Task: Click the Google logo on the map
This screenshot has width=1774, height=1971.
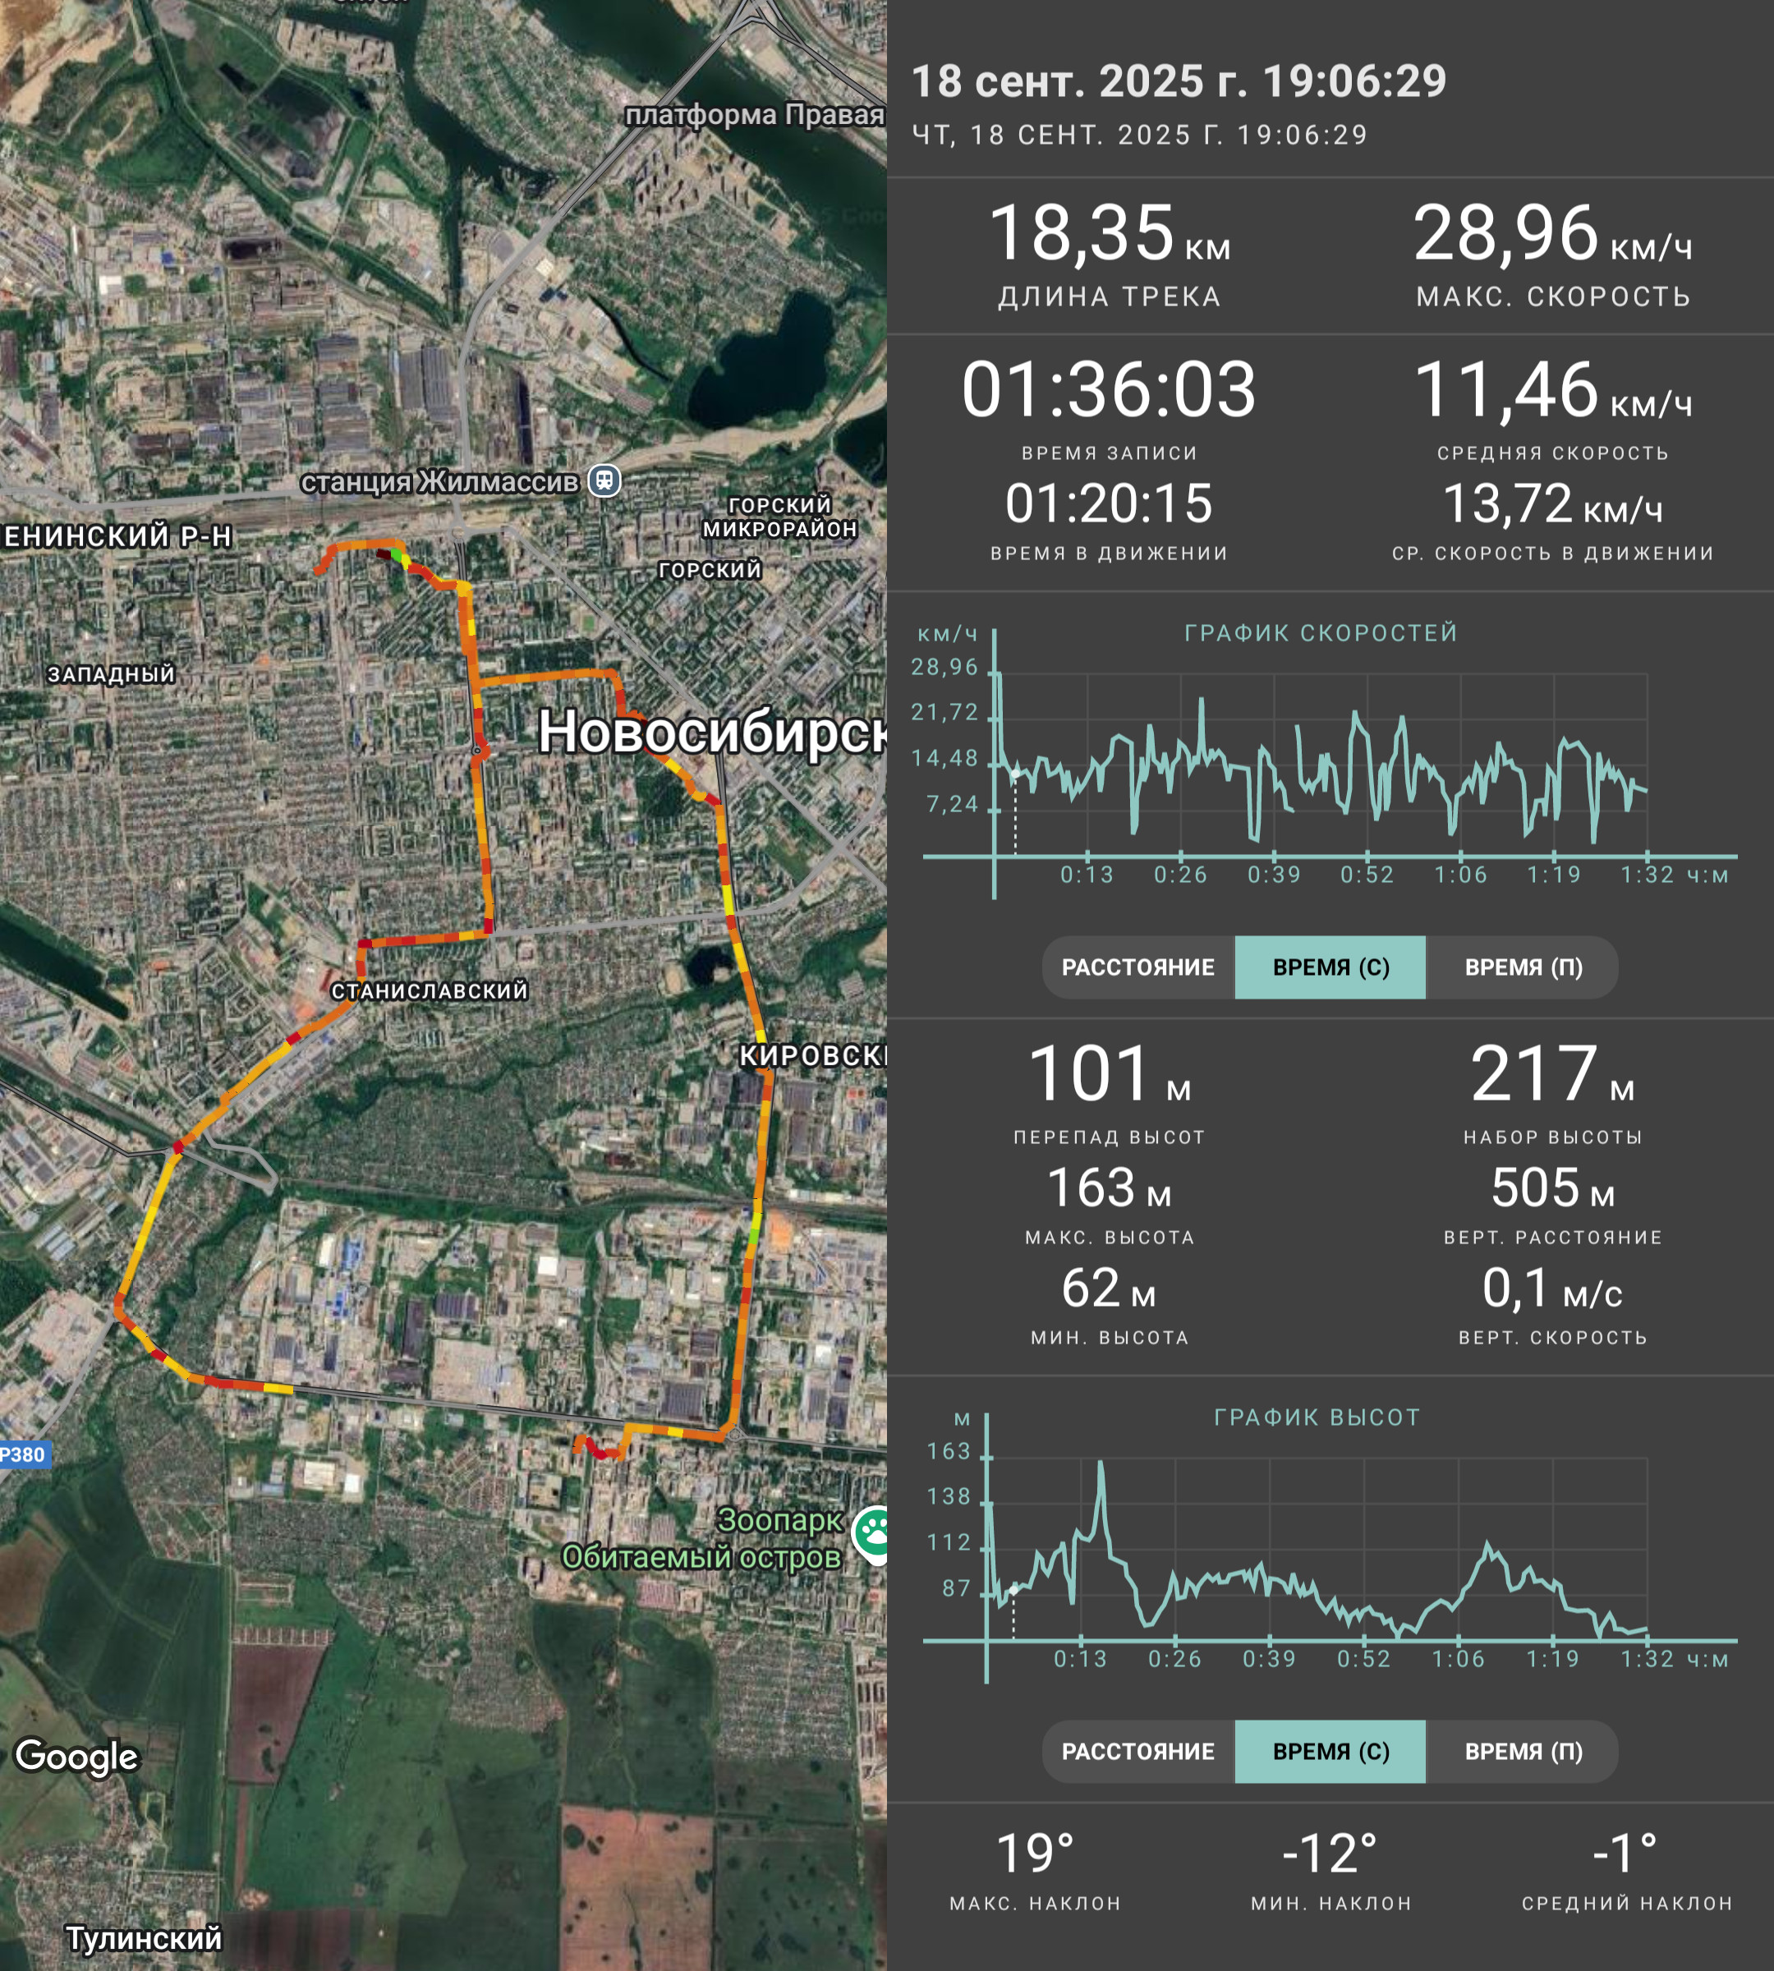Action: click(x=77, y=1757)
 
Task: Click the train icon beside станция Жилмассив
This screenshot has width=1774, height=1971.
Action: click(x=604, y=480)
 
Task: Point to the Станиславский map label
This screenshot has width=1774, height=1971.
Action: click(x=430, y=991)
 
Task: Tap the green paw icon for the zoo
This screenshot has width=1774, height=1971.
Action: click(x=872, y=1533)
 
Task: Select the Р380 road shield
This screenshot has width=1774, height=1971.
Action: click(x=22, y=1454)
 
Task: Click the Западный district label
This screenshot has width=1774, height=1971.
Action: click(x=111, y=673)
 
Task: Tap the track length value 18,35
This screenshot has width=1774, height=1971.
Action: click(x=1081, y=234)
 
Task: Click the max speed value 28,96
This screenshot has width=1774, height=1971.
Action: click(x=1506, y=234)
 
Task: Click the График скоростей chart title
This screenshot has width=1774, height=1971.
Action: click(x=1321, y=632)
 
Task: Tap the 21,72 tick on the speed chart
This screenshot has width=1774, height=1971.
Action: click(x=944, y=713)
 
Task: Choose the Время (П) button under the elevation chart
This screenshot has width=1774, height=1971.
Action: click(x=1523, y=1752)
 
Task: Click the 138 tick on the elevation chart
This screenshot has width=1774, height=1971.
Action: click(x=949, y=1496)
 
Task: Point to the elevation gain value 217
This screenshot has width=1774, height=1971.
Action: click(x=1534, y=1073)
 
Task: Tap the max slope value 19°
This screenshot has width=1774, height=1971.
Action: click(x=1035, y=1853)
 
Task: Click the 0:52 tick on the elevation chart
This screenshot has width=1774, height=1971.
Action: click(x=1363, y=1659)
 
